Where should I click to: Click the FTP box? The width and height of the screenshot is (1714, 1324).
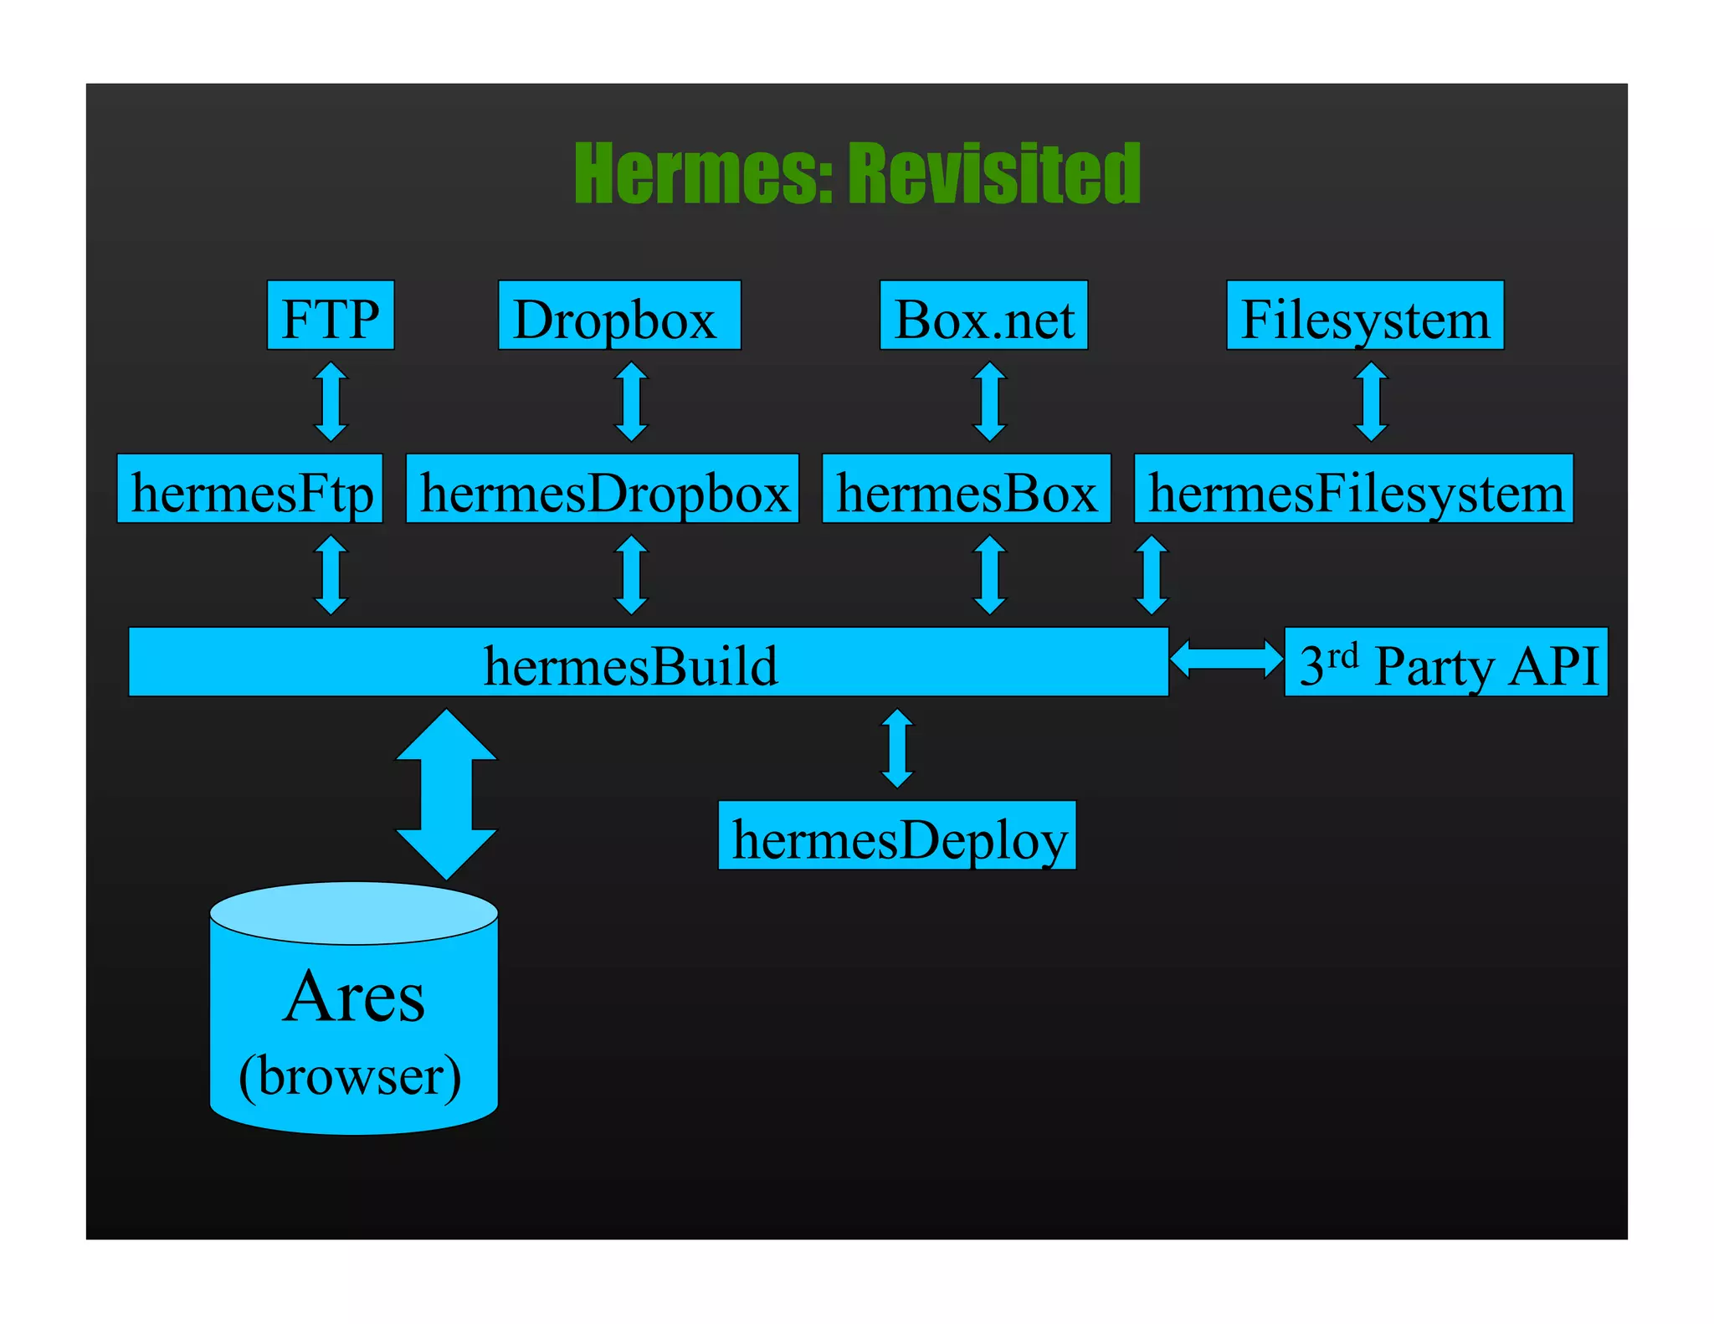click(x=330, y=316)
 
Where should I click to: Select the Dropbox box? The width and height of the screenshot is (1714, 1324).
click(x=618, y=316)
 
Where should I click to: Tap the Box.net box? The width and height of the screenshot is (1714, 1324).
click(x=983, y=316)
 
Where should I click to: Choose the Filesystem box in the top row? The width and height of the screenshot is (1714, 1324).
click(x=1364, y=316)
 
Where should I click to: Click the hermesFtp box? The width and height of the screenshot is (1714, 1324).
click(x=249, y=490)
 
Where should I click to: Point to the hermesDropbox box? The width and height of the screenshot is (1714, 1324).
click(x=602, y=490)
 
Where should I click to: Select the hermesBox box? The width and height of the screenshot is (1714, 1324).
click(x=966, y=490)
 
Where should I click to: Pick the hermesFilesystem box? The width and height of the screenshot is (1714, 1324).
click(x=1353, y=490)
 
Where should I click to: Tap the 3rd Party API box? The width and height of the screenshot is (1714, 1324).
click(x=1445, y=663)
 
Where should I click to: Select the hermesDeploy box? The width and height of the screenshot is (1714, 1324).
click(x=897, y=836)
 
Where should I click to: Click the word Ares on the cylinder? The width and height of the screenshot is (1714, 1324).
click(x=353, y=997)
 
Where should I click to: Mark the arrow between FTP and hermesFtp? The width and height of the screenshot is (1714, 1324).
click(x=331, y=402)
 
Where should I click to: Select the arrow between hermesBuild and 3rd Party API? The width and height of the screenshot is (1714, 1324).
click(x=1226, y=658)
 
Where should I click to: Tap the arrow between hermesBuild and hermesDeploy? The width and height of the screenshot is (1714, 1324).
click(x=897, y=748)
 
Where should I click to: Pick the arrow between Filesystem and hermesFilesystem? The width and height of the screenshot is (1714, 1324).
click(x=1371, y=402)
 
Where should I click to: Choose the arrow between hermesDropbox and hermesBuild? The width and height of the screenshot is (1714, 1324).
click(x=631, y=575)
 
